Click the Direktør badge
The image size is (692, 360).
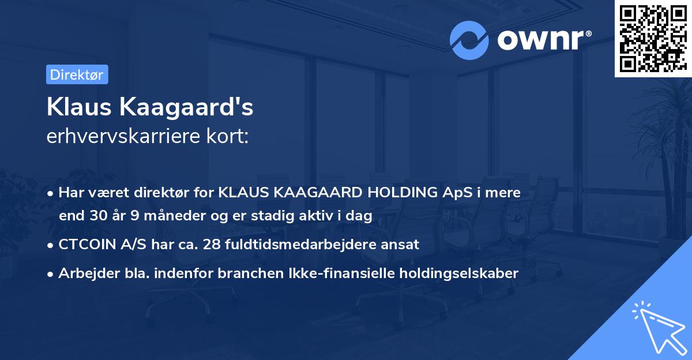click(77, 74)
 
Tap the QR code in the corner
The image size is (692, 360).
click(653, 38)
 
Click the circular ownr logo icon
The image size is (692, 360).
click(469, 40)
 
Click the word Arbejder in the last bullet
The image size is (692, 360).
click(84, 273)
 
